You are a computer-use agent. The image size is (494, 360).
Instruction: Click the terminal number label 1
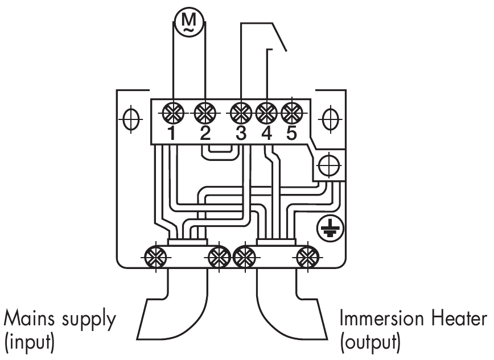pyautogui.click(x=172, y=134)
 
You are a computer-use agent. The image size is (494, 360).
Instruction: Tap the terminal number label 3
pyautogui.click(x=241, y=134)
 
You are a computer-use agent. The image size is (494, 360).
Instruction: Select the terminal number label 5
pyautogui.click(x=291, y=134)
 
